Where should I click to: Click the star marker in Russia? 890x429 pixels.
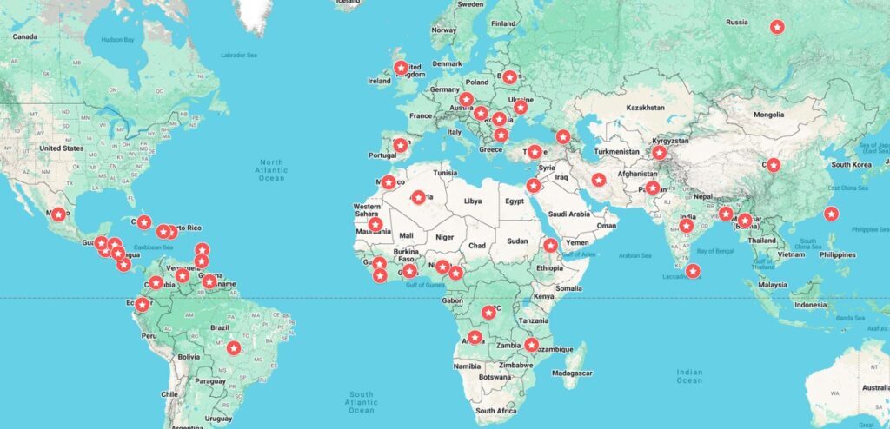tap(777, 27)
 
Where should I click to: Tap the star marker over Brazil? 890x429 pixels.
tap(233, 347)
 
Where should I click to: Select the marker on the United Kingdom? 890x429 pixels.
tap(401, 68)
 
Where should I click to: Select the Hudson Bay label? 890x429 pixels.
tap(118, 40)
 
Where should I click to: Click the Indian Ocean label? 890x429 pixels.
tap(688, 376)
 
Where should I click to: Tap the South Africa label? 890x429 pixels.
tap(496, 410)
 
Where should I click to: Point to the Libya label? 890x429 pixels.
tap(472, 201)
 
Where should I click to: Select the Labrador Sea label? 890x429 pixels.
tap(239, 56)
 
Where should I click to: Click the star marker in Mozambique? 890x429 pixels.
tap(531, 345)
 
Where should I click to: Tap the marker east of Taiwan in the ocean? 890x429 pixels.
tap(831, 214)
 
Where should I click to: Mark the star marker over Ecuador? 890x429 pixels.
tap(143, 303)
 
